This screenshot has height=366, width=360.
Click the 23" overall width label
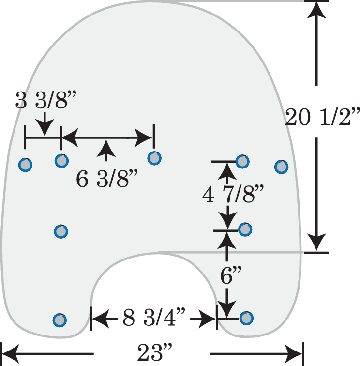coord(154,352)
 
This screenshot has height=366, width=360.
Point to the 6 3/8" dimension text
coord(107,179)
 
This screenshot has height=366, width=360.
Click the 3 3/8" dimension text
coord(46,100)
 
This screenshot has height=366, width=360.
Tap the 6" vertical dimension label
coord(230,275)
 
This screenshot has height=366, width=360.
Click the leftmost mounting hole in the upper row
coord(26,165)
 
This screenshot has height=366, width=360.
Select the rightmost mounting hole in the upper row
coord(282,167)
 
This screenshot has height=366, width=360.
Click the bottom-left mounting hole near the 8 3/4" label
coord(60,320)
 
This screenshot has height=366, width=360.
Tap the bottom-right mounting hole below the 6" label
coord(246,318)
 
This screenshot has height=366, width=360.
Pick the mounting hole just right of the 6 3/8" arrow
coord(154,158)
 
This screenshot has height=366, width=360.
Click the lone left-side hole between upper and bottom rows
coord(61,231)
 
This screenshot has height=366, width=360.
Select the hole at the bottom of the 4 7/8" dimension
coord(245,229)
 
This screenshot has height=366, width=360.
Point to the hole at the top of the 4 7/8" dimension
coord(242,161)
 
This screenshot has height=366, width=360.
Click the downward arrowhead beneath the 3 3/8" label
coord(45,127)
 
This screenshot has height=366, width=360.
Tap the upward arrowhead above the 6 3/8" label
coord(106,148)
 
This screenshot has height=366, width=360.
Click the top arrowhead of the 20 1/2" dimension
coord(316,9)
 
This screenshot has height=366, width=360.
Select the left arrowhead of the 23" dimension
coord(11,353)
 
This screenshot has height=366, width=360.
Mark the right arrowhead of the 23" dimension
coord(293,353)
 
